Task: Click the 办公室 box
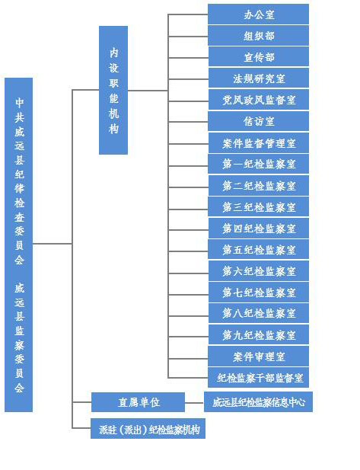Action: coord(258,14)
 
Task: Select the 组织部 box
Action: coord(258,36)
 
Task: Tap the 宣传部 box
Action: coord(259,57)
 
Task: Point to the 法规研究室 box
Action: coord(259,78)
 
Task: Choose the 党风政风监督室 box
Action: coord(259,100)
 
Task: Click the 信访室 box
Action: coord(258,121)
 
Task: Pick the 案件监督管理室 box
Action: coord(259,143)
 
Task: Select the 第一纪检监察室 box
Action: coord(258,164)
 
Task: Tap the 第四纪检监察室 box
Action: coord(258,229)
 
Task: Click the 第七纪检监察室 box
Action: coord(259,293)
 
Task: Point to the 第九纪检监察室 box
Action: coord(259,335)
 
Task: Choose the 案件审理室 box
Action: coord(258,356)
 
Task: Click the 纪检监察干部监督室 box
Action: coord(258,378)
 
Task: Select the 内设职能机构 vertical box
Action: coord(113,90)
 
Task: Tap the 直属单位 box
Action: coord(138,402)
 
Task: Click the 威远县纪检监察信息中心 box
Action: coord(258,402)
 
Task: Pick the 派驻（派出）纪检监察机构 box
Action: coord(148,429)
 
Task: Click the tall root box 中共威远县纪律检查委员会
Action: coord(18,245)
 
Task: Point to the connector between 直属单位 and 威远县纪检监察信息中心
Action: coord(194,402)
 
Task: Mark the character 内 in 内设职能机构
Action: coord(113,53)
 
